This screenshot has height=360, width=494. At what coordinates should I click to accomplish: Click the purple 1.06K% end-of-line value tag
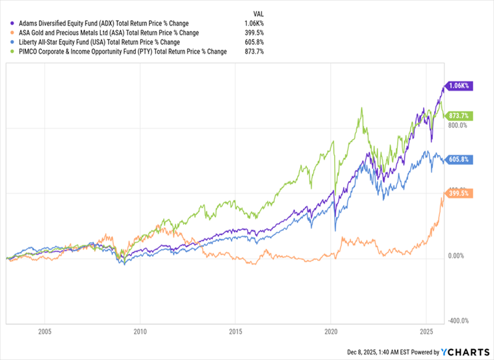[x=459, y=86]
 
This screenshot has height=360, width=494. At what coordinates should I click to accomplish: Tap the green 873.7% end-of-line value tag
[x=459, y=115]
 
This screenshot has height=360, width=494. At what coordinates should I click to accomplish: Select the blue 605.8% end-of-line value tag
[x=459, y=159]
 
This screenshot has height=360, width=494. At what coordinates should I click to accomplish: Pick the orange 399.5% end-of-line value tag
[x=459, y=193]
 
